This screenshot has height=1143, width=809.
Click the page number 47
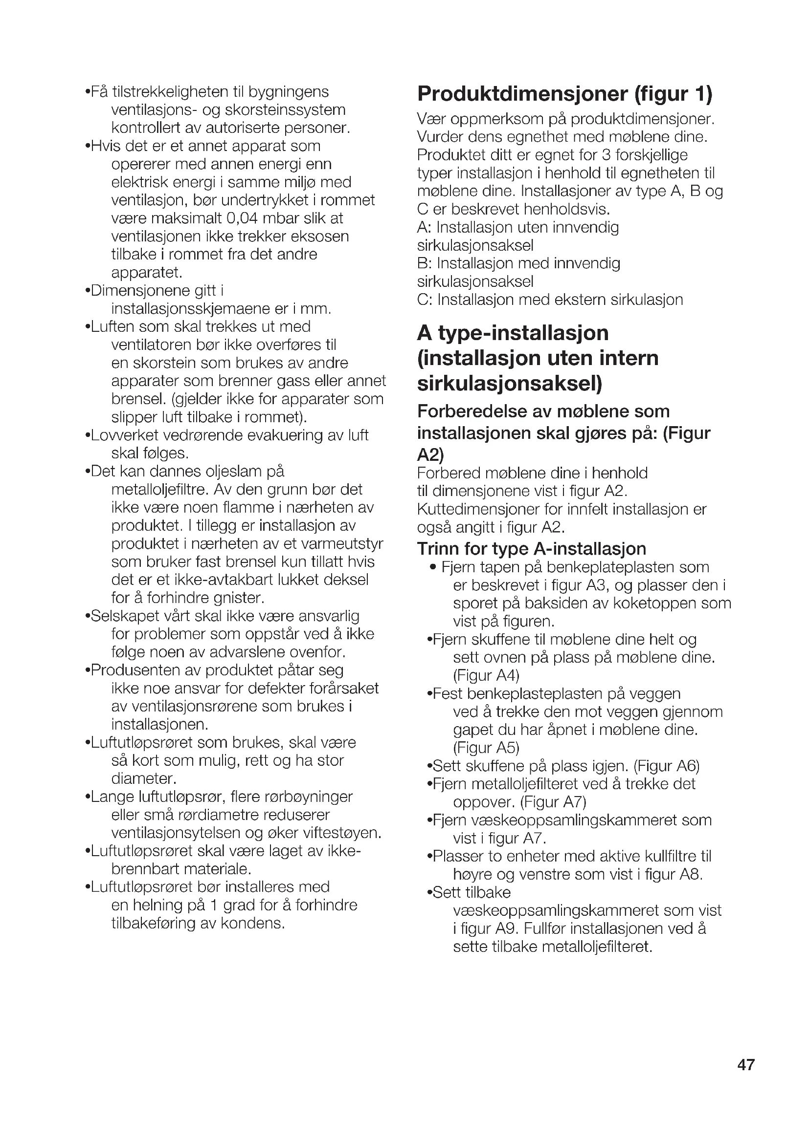click(746, 1065)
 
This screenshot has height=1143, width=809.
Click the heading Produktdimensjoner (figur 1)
click(564, 94)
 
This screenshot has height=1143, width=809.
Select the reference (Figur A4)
click(486, 675)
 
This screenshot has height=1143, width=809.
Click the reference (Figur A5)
click(486, 748)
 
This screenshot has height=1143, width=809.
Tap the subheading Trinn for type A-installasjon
click(532, 549)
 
